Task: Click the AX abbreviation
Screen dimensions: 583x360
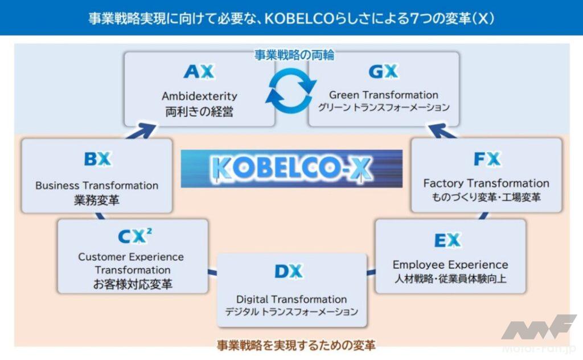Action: tap(199, 71)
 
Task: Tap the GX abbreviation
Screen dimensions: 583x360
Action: tap(383, 71)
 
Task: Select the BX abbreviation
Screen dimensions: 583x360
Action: tap(97, 159)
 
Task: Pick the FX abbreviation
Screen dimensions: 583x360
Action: tap(487, 159)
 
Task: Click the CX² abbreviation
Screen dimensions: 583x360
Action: tap(134, 236)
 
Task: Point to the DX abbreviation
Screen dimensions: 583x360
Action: tap(289, 272)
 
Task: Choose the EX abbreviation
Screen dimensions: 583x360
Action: tap(447, 240)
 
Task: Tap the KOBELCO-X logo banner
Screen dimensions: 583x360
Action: tap(291, 169)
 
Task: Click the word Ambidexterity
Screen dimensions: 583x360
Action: tap(199, 96)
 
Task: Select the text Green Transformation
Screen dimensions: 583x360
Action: tap(383, 95)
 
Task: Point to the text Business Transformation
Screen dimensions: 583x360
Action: tap(97, 185)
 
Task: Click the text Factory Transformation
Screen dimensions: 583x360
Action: tap(486, 183)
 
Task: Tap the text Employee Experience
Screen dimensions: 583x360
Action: tap(450, 264)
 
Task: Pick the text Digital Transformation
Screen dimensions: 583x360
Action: tap(291, 299)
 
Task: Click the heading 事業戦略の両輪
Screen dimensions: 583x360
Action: tap(294, 55)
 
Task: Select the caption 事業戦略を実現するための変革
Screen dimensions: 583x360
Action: tap(296, 346)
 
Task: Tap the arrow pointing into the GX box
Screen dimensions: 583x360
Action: tap(442, 131)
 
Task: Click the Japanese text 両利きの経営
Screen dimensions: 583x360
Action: tap(199, 111)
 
